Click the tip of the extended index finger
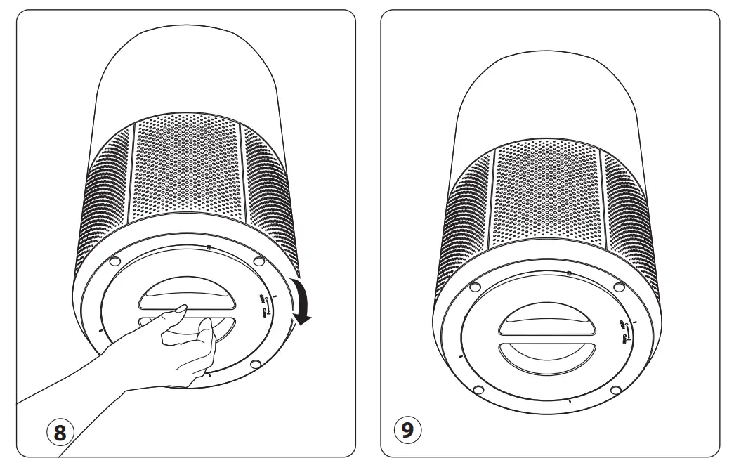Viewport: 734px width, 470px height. (x=182, y=307)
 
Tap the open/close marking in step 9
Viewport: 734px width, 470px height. (x=622, y=330)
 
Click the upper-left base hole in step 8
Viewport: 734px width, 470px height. (x=112, y=263)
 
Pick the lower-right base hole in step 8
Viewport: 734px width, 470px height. (x=255, y=364)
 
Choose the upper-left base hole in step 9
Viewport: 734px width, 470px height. (x=473, y=287)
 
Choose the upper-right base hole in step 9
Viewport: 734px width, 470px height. (x=618, y=288)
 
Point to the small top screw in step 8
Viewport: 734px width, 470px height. (x=209, y=247)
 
